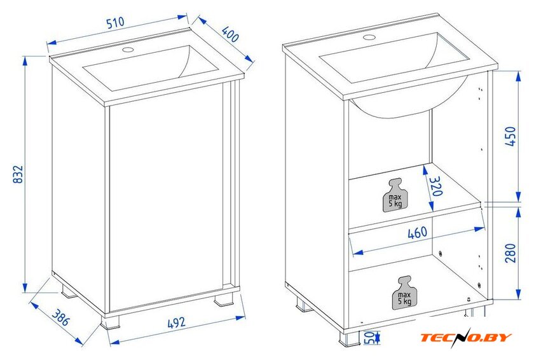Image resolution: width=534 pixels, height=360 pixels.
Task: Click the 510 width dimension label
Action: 116,23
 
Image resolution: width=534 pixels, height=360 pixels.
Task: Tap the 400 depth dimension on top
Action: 230,34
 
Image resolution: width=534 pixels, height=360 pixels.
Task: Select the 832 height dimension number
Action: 18,174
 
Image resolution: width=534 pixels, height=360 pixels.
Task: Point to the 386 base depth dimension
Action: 61,317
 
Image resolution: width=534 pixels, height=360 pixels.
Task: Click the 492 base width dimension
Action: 177,323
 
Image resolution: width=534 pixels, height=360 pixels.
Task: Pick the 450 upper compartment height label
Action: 510,136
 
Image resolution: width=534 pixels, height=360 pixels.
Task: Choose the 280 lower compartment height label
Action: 510,253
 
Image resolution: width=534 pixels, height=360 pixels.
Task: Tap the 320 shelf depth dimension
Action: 436,186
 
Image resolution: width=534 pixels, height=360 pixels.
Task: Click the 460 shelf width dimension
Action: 417,233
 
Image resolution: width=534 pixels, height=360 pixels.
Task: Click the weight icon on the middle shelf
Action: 395,195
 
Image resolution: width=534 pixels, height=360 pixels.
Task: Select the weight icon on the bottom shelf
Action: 404,293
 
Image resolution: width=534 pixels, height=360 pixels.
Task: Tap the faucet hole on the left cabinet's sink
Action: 128,50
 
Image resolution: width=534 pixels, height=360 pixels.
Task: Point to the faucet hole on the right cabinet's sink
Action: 369,37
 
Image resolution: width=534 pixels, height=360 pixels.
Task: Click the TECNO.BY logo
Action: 466,337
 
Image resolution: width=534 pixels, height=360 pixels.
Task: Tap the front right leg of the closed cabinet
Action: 224,300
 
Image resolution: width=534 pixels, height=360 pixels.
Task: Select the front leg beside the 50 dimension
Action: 349,338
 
